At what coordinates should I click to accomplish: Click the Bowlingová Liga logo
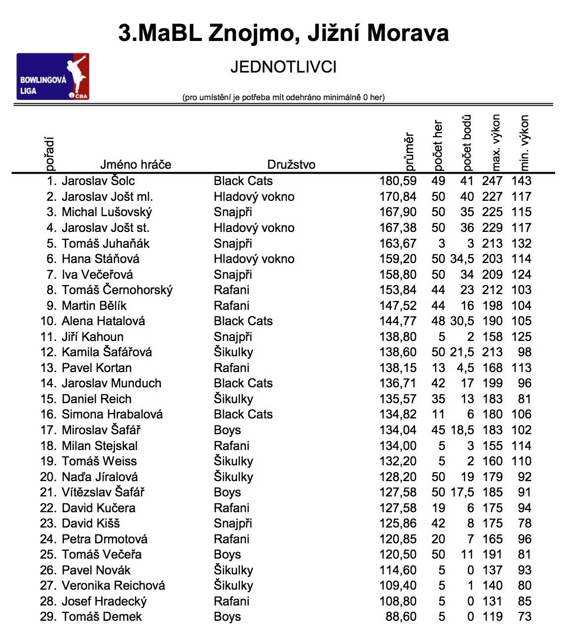(x=53, y=76)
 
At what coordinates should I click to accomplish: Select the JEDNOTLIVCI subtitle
(x=283, y=67)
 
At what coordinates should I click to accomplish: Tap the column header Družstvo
(x=291, y=164)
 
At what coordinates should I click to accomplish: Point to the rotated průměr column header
(x=409, y=151)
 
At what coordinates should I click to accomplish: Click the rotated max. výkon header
(x=495, y=142)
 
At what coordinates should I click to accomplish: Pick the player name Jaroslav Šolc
(x=98, y=181)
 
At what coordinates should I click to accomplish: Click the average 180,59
(x=398, y=181)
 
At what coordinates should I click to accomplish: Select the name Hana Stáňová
(x=101, y=259)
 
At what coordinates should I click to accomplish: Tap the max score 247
(x=492, y=181)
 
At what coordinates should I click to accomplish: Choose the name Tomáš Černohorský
(x=117, y=290)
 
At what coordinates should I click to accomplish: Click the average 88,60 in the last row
(x=401, y=616)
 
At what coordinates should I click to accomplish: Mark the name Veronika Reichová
(x=114, y=585)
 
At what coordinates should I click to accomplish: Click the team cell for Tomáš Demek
(x=228, y=616)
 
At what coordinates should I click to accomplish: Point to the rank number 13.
(x=48, y=368)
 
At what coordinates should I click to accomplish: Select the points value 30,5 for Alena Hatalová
(x=462, y=321)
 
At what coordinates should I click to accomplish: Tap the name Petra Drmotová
(x=105, y=539)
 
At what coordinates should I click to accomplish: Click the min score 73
(x=525, y=616)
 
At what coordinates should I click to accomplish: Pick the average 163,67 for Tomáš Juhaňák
(x=398, y=243)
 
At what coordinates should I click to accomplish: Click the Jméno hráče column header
(x=136, y=164)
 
